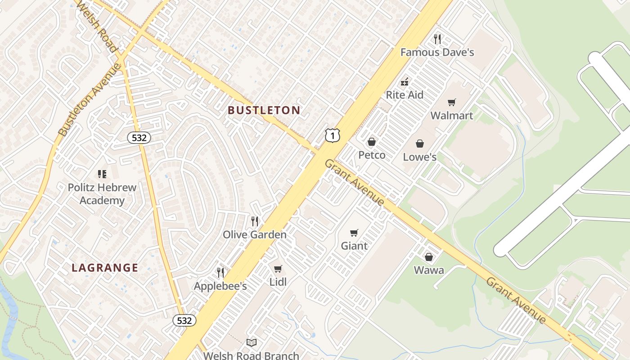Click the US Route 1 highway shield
coord(332,135)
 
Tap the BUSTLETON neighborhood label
coord(264,110)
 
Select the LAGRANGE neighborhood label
coord(105,268)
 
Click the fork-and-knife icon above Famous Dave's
coord(437,39)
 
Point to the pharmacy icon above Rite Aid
coord(405,82)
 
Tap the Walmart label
coord(451,116)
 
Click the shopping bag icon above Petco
coord(372,142)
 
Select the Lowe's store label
coord(419,157)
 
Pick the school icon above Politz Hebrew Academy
coord(102,174)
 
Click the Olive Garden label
coord(255,234)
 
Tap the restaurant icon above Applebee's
coord(220,272)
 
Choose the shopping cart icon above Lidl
coord(278,269)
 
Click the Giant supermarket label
coord(354,246)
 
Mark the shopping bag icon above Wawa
coord(429,257)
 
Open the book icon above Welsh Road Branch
coord(252,343)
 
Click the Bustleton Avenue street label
coord(90,100)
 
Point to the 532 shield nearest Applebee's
coord(184,320)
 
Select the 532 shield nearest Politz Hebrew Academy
coord(139,138)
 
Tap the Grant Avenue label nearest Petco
coord(355,182)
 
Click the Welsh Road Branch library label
coord(251,355)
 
